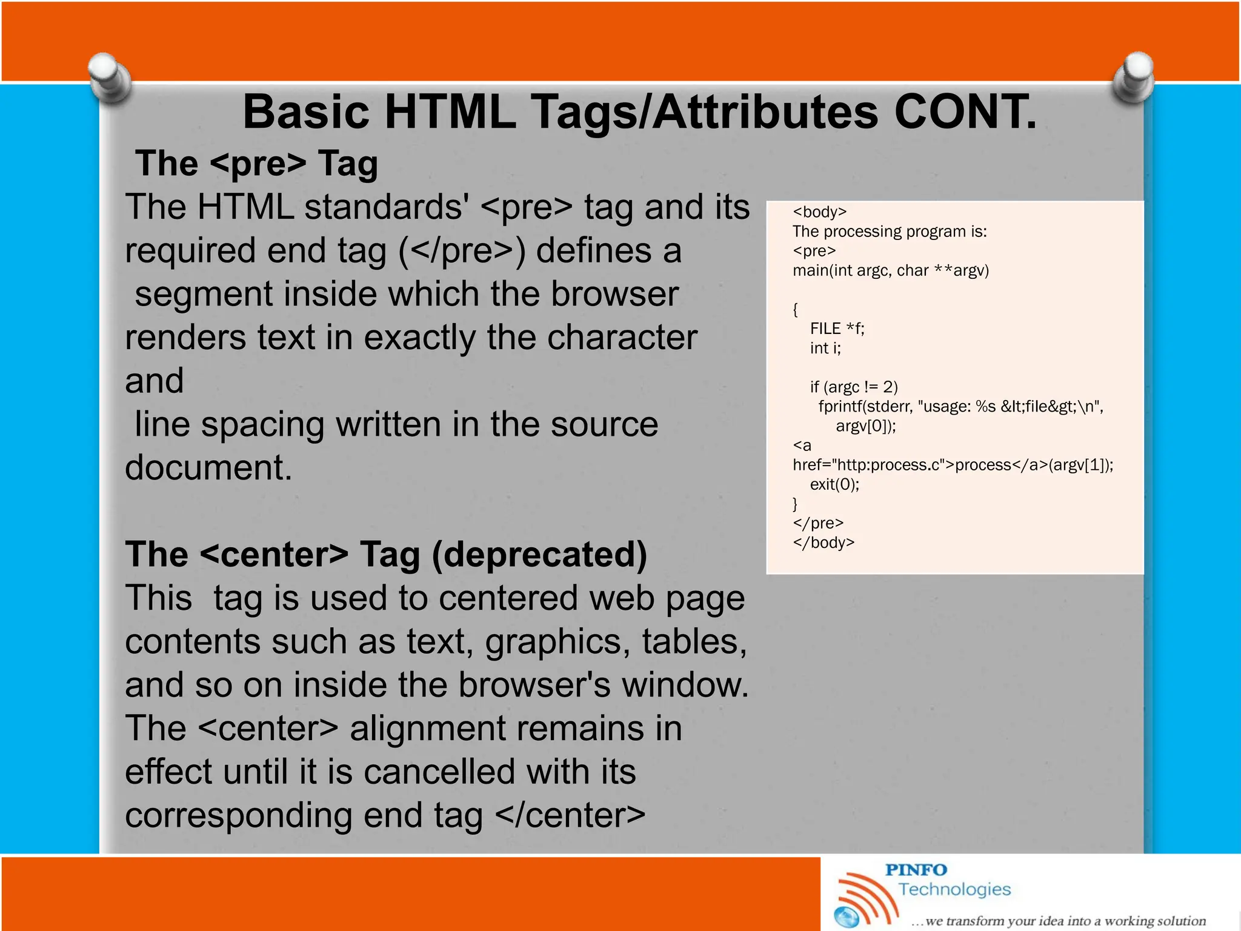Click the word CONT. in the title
[x=965, y=112]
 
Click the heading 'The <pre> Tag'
[x=257, y=164]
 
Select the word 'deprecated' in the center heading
[x=539, y=554]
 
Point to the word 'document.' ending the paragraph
[x=208, y=467]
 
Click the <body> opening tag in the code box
[x=819, y=212]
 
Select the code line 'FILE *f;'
[x=837, y=329]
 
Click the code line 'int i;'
[x=825, y=348]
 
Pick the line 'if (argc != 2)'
[x=854, y=387]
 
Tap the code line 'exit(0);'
[x=834, y=484]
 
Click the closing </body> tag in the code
[x=823, y=542]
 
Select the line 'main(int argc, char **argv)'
[x=890, y=270]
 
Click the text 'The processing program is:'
[x=890, y=232]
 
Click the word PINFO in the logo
[x=916, y=870]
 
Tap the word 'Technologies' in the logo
[x=954, y=889]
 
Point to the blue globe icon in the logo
[x=847, y=917]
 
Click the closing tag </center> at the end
[x=570, y=815]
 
